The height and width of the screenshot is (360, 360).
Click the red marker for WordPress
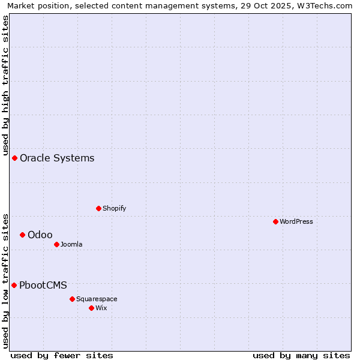pos(275,221)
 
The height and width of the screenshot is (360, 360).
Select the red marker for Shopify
pos(98,208)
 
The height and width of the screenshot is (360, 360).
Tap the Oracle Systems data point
pos(14,158)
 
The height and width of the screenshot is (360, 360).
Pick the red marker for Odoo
pos(22,235)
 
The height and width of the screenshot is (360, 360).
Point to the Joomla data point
pos(56,244)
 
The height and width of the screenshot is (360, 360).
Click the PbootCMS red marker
pos(14,285)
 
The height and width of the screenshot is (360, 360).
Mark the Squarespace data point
pos(72,299)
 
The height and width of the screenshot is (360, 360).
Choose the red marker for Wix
pos(91,308)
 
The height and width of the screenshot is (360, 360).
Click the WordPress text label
pos(296,221)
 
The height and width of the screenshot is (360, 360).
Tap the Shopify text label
pos(114,208)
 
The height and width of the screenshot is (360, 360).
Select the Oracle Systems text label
pos(57,158)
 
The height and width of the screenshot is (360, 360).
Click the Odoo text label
pos(40,235)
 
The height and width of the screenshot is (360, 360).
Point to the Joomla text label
pos(71,244)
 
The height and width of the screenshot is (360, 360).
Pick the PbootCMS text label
pos(43,285)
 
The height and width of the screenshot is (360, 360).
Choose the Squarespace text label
pos(97,299)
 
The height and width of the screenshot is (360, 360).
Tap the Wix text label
pos(101,308)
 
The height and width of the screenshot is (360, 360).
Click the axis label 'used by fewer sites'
pos(62,355)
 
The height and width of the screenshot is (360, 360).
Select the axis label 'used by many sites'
pos(301,355)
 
